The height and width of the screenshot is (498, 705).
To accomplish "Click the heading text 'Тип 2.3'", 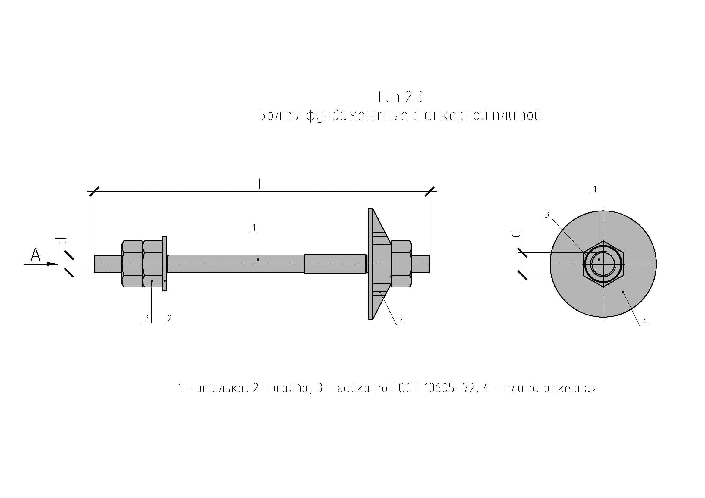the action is click(x=399, y=97).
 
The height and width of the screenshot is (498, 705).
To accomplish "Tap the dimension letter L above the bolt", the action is click(x=261, y=185).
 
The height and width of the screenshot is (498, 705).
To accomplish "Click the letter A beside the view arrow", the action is click(x=36, y=255).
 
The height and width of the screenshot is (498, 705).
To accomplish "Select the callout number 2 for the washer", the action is click(x=169, y=318).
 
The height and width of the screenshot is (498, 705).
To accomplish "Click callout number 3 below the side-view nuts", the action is click(x=147, y=318).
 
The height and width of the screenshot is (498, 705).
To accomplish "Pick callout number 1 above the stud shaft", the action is click(x=254, y=228).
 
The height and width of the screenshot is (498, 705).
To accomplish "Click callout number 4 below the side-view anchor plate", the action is click(x=402, y=321).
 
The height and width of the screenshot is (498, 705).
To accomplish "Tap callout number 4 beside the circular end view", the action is click(x=645, y=321).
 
